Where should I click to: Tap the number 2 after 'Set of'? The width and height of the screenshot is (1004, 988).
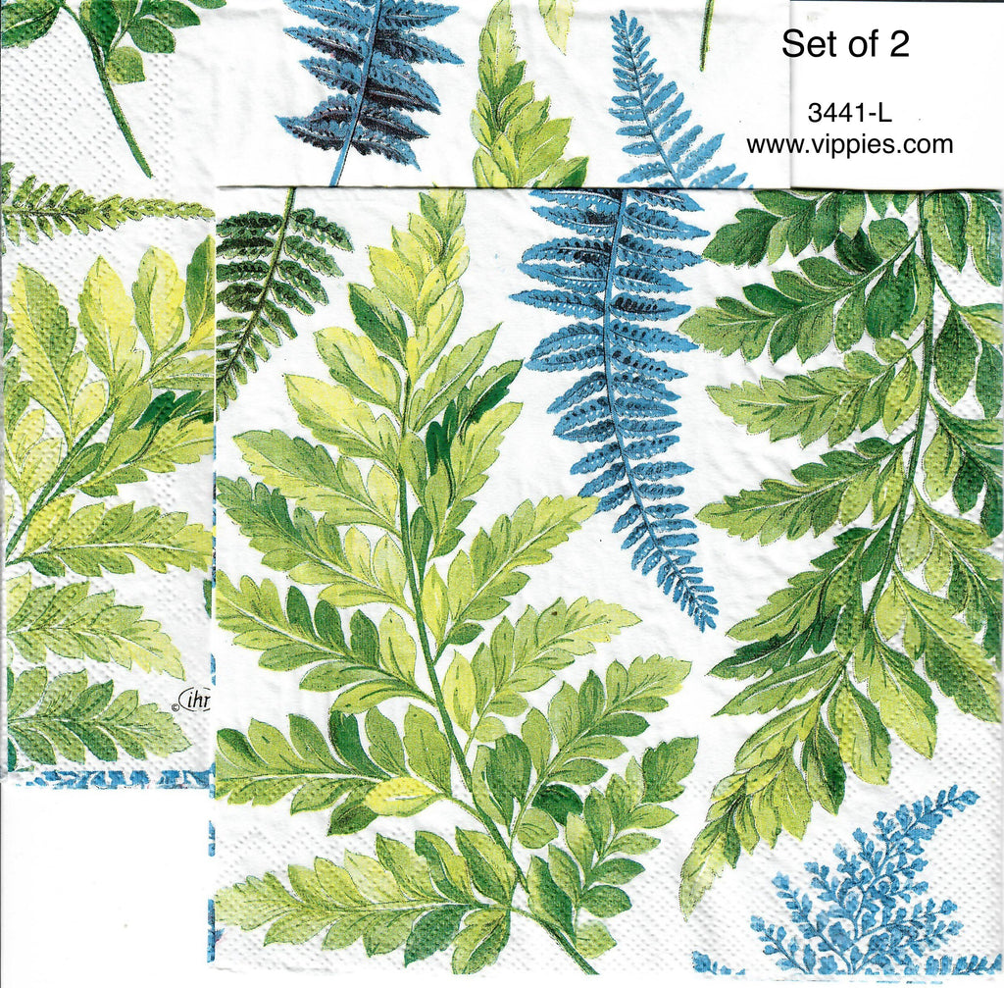pyautogui.click(x=900, y=44)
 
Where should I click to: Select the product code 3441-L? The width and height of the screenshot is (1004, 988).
pyautogui.click(x=849, y=113)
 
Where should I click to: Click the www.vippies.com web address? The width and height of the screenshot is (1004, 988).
pyautogui.click(x=849, y=145)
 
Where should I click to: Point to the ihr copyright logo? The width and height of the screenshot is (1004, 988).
pyautogui.click(x=200, y=701)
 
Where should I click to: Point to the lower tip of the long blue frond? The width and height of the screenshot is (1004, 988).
pyautogui.click(x=708, y=620)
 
